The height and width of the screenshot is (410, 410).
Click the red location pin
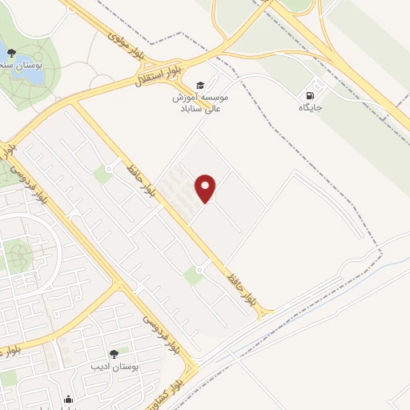[207, 188]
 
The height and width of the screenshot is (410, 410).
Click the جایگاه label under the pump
[310, 107]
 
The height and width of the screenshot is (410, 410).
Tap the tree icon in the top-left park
[10, 53]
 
